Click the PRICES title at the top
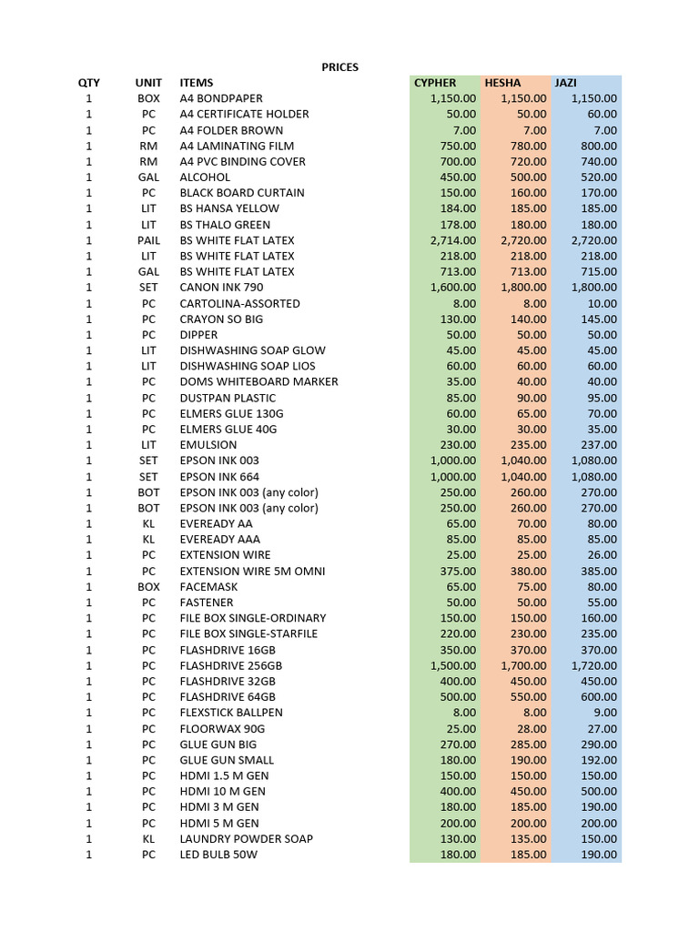coord(340,67)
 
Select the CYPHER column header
coord(435,83)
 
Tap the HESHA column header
coord(502,83)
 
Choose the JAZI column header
coord(566,83)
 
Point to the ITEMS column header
coord(197,83)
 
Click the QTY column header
coord(88,83)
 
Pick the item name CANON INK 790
coord(221,288)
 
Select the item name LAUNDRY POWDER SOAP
coord(246,839)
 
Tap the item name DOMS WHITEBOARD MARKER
coord(258,381)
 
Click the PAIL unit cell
coord(148,240)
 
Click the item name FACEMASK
coord(208,587)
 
